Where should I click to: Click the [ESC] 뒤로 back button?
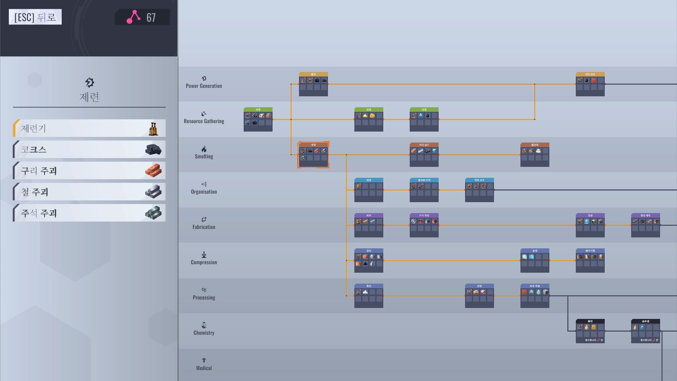coord(35,17)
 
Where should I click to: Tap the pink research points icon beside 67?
coord(134,17)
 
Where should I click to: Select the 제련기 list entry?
coord(89,128)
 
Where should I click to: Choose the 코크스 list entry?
coord(89,150)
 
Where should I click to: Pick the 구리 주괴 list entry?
coord(89,171)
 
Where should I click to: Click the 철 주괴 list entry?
coord(89,192)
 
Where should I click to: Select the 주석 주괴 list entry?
coord(89,213)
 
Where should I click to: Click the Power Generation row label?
coord(204,86)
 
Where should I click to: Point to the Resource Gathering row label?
coord(204,121)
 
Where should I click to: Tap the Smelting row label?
coord(204,156)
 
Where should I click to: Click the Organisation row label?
coord(204,192)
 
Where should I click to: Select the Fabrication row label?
coord(204,227)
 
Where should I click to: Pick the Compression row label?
coord(204,262)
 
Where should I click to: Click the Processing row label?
coord(204,297)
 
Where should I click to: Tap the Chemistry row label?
coord(204,333)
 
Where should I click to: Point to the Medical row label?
coord(204,368)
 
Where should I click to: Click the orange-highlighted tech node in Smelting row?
coord(313,155)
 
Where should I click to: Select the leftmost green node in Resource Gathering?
coord(258,119)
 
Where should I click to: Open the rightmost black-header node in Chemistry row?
coord(645,331)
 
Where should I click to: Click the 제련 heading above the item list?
coord(89,97)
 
